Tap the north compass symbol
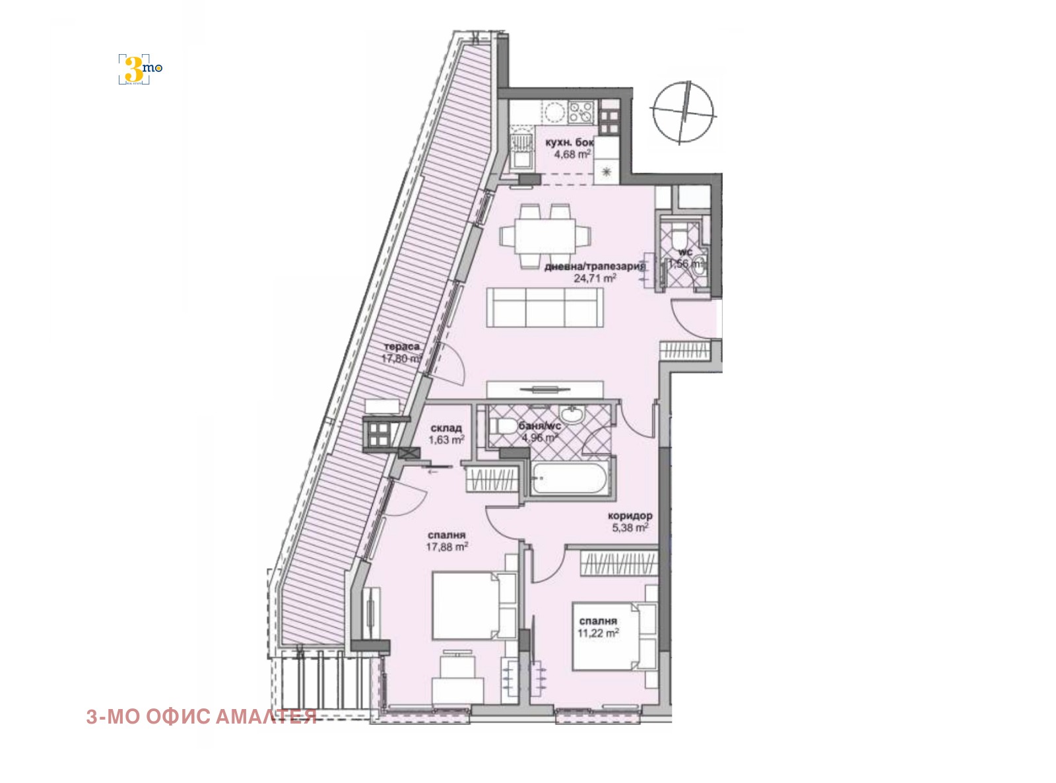pyautogui.click(x=683, y=112)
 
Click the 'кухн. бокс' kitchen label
pyautogui.click(x=570, y=143)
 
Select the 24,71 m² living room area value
pyautogui.click(x=595, y=279)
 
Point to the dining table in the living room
pyautogui.click(x=545, y=236)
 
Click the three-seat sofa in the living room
pyautogui.click(x=545, y=307)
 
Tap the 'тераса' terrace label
pyautogui.click(x=402, y=347)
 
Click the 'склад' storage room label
pyautogui.click(x=445, y=428)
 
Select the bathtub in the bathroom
pyautogui.click(x=569, y=481)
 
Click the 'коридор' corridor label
pyautogui.click(x=630, y=516)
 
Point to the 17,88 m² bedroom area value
pyautogui.click(x=447, y=546)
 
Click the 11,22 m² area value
pyautogui.click(x=598, y=632)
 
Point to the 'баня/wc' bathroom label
pyautogui.click(x=539, y=426)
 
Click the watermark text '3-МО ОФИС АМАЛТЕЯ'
pyautogui.click(x=201, y=717)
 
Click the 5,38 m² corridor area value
pyautogui.click(x=628, y=527)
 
